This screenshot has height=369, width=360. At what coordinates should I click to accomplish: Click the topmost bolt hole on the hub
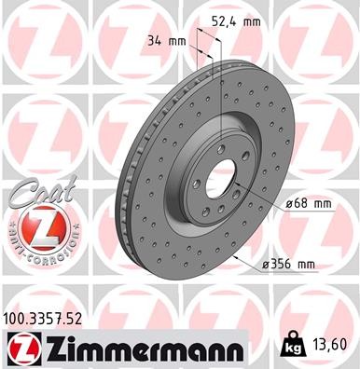click(220, 149)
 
